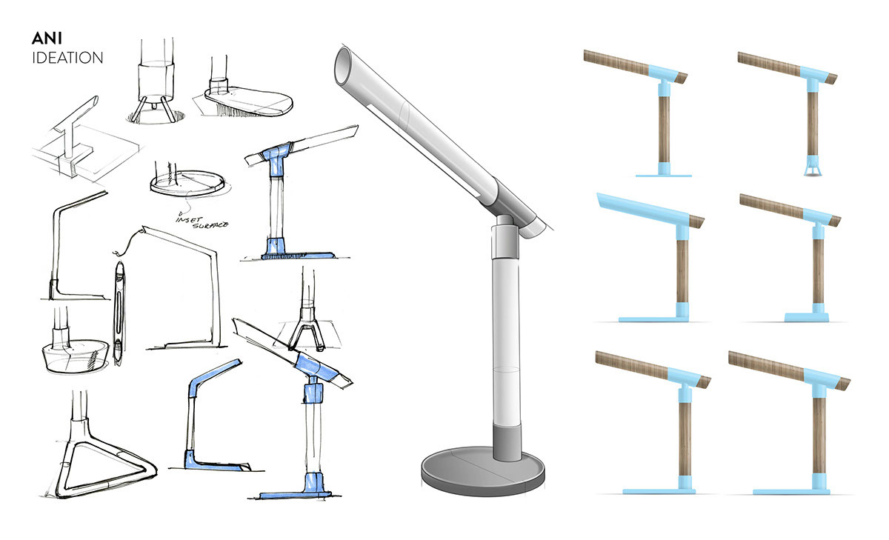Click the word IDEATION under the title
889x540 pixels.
coord(67,58)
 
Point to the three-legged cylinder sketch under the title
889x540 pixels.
coord(156,85)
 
